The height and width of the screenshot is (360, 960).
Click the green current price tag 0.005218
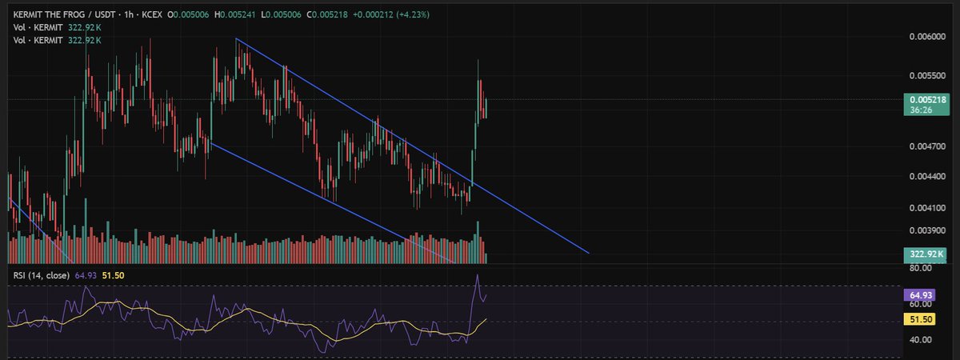pos(926,105)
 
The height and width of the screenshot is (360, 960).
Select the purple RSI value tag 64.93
pos(919,295)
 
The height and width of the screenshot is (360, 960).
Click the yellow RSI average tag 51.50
pos(919,319)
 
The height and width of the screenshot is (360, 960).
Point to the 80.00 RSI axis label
pos(921,268)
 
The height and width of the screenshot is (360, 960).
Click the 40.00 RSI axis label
pos(921,340)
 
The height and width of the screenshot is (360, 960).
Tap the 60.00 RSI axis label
pos(921,304)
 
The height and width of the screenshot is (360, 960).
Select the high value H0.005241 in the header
pos(235,14)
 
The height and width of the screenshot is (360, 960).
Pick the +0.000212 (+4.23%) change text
pos(391,14)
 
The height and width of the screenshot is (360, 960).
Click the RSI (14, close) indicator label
pos(41,275)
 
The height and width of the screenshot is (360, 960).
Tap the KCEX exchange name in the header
pos(152,14)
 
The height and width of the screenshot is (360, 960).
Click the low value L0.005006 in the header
pos(281,14)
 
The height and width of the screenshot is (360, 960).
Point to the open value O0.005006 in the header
pos(188,14)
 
